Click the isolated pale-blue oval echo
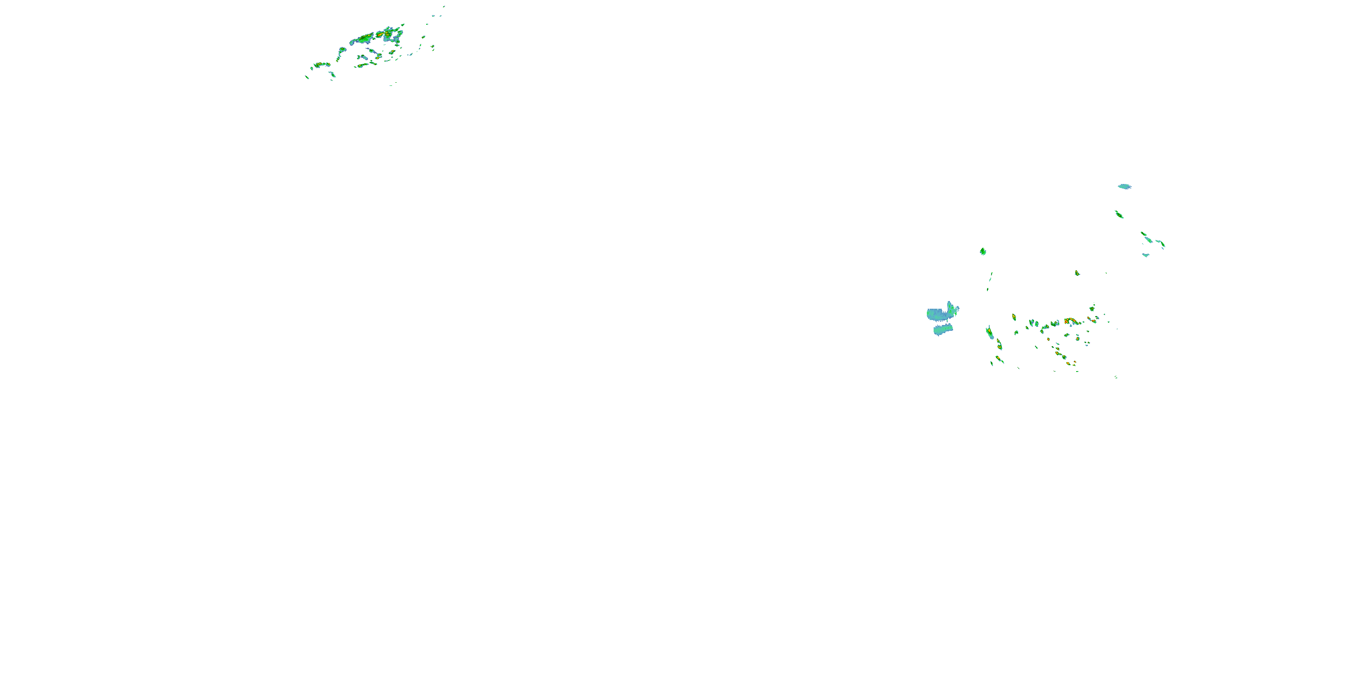tap(1124, 186)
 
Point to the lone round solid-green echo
tap(983, 252)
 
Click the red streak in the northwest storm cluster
tap(380, 34)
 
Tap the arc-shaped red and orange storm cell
tap(1070, 320)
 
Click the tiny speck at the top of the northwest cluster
tap(444, 7)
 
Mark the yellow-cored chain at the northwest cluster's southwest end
tap(321, 65)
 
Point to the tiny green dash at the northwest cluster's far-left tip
tap(307, 77)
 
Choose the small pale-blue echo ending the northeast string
tap(1145, 255)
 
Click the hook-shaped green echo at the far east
tap(1161, 244)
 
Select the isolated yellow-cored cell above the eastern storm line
tap(1077, 273)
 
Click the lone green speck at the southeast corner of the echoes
tap(1116, 377)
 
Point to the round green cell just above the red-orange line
tap(1092, 308)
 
